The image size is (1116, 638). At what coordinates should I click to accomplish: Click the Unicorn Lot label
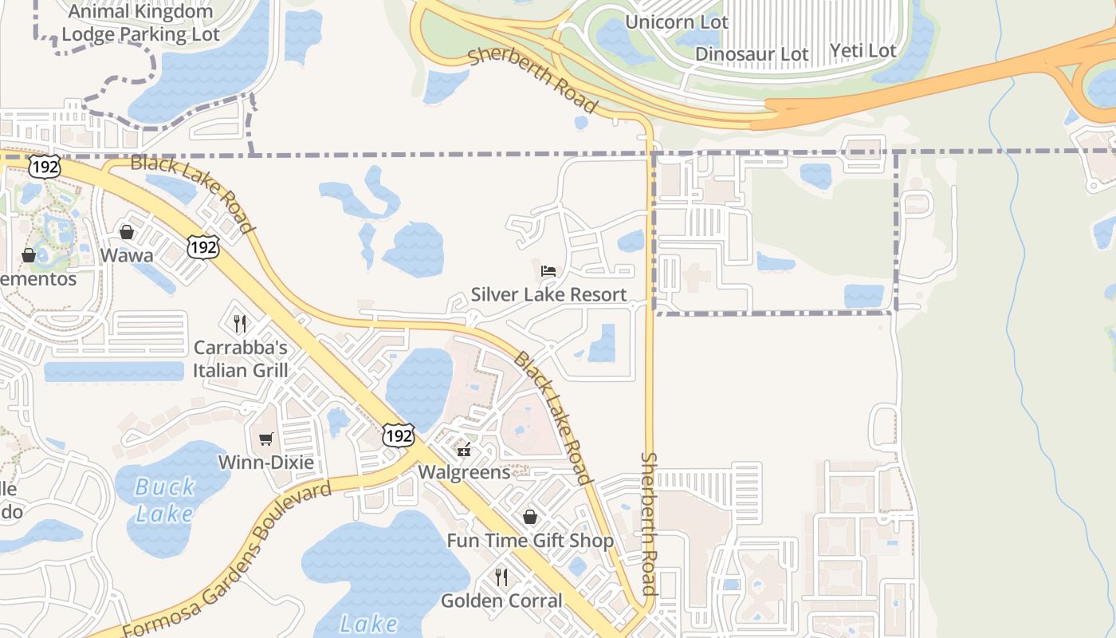(x=676, y=22)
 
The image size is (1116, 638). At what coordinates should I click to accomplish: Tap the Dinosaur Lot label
(x=752, y=54)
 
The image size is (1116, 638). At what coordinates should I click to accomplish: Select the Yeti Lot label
(x=863, y=51)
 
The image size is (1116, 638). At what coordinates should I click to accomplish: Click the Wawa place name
(x=127, y=255)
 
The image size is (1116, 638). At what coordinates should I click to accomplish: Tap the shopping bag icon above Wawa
(x=127, y=232)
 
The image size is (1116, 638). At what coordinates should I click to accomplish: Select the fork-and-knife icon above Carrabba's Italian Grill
(x=240, y=323)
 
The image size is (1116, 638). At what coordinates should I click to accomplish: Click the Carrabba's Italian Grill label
(x=240, y=359)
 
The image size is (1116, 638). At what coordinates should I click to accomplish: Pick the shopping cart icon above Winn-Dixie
(x=265, y=439)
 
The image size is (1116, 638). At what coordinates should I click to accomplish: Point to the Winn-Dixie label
(x=265, y=463)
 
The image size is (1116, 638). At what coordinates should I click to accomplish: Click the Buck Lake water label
(x=165, y=499)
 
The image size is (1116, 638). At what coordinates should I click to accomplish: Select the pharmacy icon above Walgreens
(x=464, y=450)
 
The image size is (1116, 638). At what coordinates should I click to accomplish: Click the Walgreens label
(x=464, y=472)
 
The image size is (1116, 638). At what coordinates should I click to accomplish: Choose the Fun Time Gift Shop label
(x=530, y=541)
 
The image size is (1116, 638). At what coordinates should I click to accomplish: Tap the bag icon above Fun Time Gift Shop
(x=530, y=518)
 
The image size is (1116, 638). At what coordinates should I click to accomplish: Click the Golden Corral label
(x=501, y=601)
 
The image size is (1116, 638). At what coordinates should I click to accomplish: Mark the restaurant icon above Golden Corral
(x=501, y=577)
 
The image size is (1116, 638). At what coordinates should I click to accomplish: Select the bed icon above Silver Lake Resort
(x=548, y=271)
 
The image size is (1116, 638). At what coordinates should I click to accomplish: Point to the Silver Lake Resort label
(x=548, y=294)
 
